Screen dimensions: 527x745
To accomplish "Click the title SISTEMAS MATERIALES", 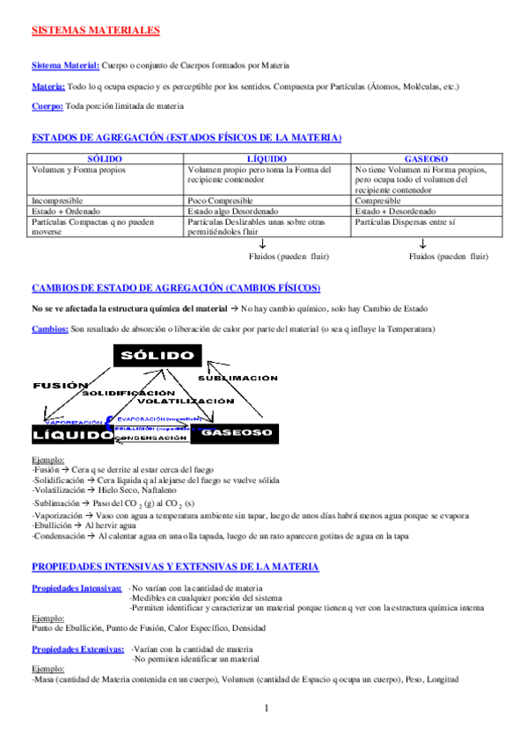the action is pos(95,31).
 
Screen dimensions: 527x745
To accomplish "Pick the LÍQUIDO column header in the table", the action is pos(267,157).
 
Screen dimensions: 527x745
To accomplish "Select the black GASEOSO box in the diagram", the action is pos(234,433).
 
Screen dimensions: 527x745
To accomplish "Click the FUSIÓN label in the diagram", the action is pos(60,386).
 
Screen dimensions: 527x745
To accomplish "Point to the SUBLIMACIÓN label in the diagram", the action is pos(238,378).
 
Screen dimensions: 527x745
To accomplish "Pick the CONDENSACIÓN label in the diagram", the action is pos(150,437).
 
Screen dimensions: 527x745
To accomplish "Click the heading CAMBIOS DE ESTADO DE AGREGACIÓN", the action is pos(176,288).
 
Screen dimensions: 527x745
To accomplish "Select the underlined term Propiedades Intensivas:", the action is pos(77,563).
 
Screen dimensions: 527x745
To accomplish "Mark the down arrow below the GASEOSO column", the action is pos(423,243).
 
